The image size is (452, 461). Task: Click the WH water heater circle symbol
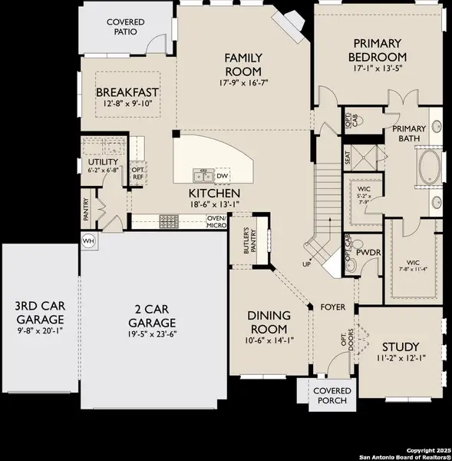point(87,239)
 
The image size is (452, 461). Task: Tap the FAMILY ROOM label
point(244,65)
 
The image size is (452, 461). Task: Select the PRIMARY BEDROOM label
point(376,51)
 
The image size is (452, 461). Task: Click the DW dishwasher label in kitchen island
point(222,176)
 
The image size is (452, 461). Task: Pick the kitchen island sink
point(203,176)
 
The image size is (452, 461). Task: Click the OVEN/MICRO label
point(216,221)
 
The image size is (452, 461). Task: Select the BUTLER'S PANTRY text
point(248,244)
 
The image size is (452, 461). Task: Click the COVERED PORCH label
point(331,395)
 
